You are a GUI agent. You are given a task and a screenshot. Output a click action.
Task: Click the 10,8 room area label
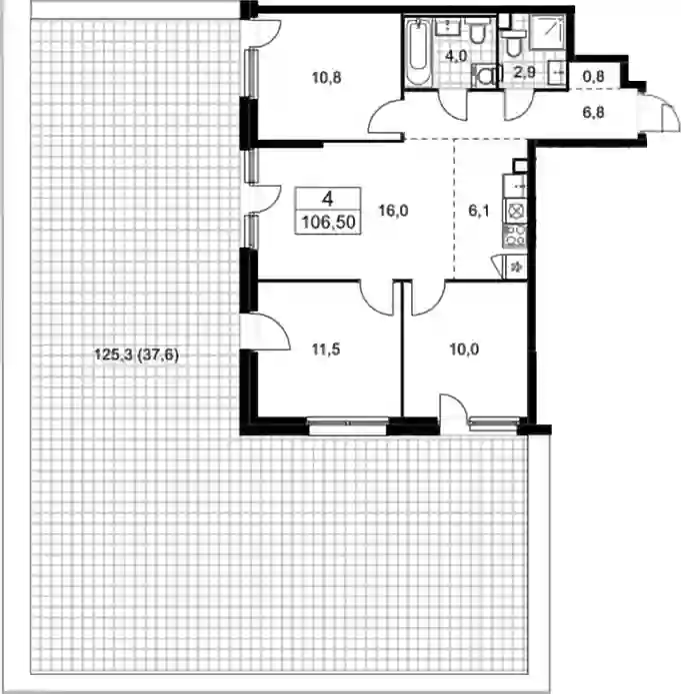(x=326, y=78)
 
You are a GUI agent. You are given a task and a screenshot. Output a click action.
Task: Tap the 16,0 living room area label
(x=393, y=211)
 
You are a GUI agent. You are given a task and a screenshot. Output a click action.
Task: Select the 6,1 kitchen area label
(x=479, y=211)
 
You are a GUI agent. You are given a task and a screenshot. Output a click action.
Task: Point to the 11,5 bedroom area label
(x=326, y=349)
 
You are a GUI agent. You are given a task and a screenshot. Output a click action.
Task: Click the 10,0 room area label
(x=464, y=349)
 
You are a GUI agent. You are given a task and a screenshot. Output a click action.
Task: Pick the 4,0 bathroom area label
(x=456, y=56)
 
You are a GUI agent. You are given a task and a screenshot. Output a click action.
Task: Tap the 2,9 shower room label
(x=524, y=72)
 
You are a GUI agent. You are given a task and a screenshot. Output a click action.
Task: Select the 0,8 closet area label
(x=593, y=77)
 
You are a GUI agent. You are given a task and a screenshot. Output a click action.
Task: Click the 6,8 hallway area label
(x=593, y=113)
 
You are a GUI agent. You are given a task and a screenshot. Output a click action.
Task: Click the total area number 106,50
(x=329, y=222)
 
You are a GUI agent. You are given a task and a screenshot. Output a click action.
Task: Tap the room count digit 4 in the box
(x=328, y=200)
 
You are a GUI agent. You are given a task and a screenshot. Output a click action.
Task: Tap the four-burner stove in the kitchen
(x=515, y=236)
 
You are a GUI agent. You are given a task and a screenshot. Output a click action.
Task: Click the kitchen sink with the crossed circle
(x=515, y=211)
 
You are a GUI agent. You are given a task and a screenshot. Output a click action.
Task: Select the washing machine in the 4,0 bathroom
(x=485, y=75)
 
